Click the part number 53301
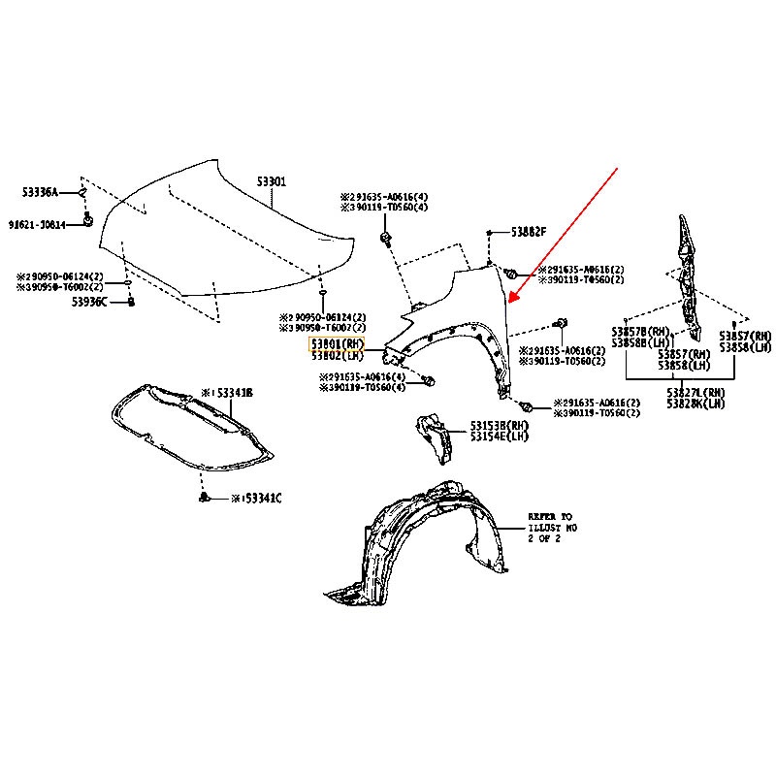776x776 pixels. [x=272, y=182]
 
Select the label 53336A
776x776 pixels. [x=42, y=192]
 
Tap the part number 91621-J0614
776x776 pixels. [x=38, y=224]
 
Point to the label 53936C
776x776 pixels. [x=93, y=302]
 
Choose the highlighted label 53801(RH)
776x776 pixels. [x=336, y=343]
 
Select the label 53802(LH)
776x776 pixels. [x=336, y=356]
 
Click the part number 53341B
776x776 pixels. [x=231, y=393]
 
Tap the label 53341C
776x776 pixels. [x=258, y=499]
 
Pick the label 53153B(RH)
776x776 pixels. [x=501, y=425]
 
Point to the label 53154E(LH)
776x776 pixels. [x=501, y=437]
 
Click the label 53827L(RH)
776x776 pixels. [x=696, y=391]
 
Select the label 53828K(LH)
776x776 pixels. [x=696, y=403]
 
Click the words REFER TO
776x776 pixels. [x=550, y=517]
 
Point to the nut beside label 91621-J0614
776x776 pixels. [x=88, y=223]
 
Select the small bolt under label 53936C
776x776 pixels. [x=131, y=303]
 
